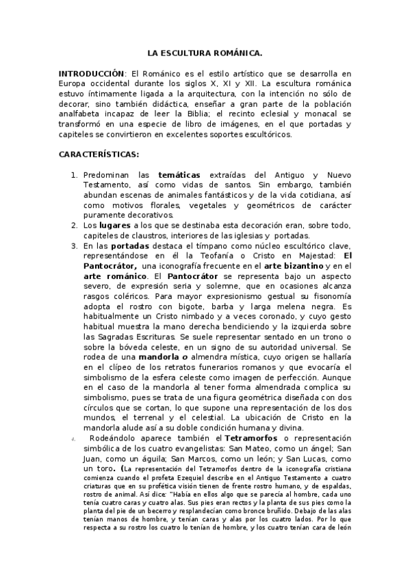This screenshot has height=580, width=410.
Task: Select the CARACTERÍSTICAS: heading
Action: coord(99,155)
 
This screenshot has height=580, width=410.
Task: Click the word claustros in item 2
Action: coord(155,235)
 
